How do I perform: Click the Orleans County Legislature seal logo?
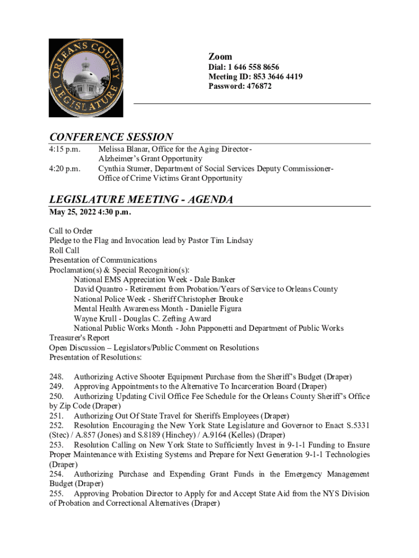tap(85, 77)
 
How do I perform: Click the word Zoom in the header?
tap(220, 57)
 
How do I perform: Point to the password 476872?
tap(258, 87)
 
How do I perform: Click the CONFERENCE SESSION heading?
tap(111, 137)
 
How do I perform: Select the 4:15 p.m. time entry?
tap(64, 149)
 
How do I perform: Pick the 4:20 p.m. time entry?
tap(64, 168)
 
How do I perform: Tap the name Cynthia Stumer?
tap(125, 168)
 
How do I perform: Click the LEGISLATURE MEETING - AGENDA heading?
tap(141, 199)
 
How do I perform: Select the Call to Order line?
tap(71, 231)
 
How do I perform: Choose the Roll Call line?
tap(64, 251)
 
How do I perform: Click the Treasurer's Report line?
tap(79, 338)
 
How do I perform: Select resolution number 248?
tap(56, 377)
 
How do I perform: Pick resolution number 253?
tap(56, 445)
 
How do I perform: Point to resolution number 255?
tap(56, 494)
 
